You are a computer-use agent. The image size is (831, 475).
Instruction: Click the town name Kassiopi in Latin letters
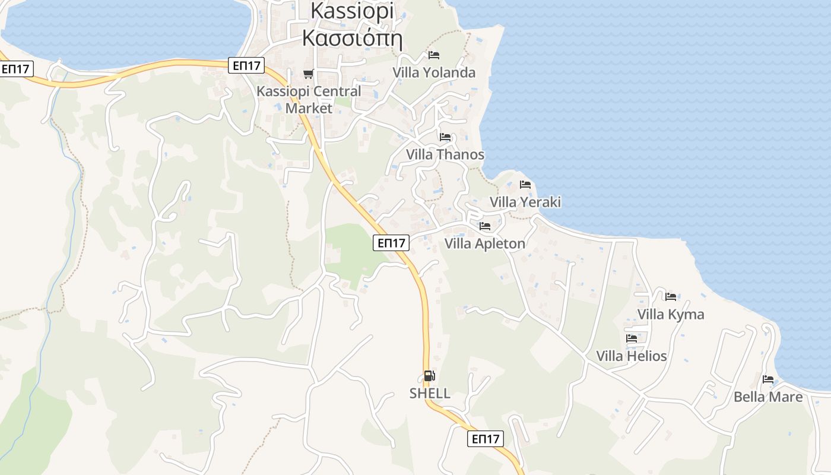[x=351, y=11]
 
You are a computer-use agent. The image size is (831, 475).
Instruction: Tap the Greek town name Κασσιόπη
[x=351, y=39]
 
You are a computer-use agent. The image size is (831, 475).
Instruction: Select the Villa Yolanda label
[x=434, y=72]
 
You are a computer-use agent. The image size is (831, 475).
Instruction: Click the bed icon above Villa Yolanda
[x=434, y=55]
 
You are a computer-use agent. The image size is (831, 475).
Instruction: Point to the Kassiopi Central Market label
[x=309, y=100]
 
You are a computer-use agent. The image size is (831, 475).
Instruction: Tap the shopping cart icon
[x=308, y=74]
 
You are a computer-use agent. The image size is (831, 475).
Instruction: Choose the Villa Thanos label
[x=445, y=154]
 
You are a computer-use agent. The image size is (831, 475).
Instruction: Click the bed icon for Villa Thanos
[x=445, y=137]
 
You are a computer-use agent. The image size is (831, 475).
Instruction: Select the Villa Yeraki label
[x=525, y=202]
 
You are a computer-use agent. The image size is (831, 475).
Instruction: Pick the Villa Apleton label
[x=485, y=243]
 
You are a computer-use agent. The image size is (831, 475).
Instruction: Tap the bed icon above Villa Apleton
[x=485, y=226]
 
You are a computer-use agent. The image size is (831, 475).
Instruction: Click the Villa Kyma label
[x=671, y=314]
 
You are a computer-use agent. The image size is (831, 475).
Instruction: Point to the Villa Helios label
[x=632, y=356]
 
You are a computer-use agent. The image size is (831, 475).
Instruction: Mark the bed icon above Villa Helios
[x=632, y=338]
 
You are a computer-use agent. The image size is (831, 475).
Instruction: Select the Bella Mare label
[x=768, y=397]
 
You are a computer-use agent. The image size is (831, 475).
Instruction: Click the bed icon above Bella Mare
[x=768, y=379]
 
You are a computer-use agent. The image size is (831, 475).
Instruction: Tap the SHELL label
[x=430, y=393]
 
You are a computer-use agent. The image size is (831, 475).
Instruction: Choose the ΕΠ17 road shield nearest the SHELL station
[x=486, y=439]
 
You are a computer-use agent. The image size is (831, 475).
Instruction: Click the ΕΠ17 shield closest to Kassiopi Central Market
[x=246, y=65]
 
